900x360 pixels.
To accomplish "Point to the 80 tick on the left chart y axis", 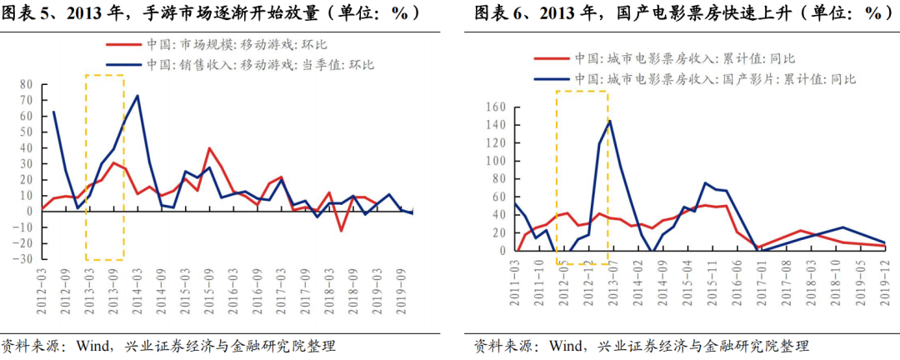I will [x=25, y=84].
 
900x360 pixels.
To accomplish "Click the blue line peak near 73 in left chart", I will [x=137, y=96].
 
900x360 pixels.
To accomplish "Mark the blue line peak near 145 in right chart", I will [x=609, y=121].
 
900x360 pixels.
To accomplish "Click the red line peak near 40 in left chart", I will [x=208, y=148].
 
